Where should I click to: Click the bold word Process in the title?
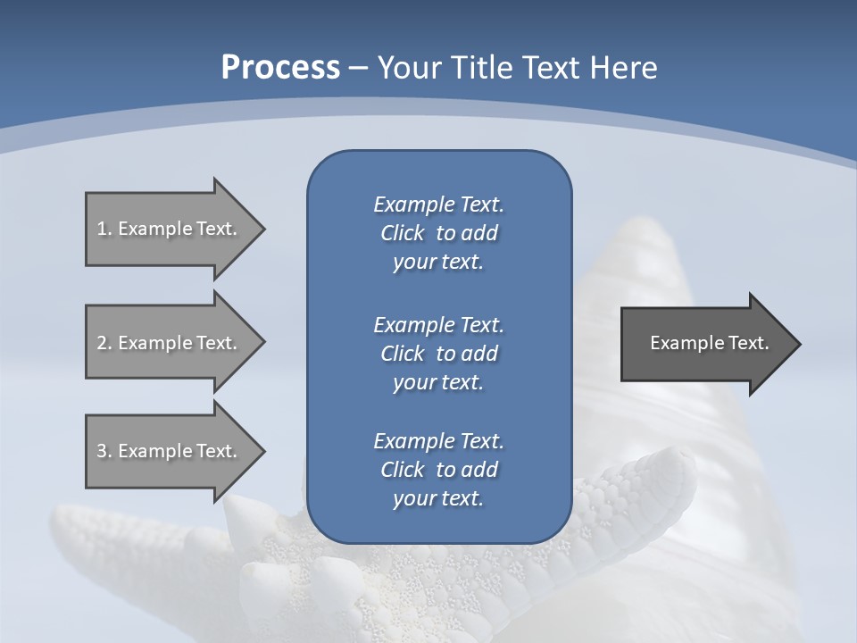point(280,68)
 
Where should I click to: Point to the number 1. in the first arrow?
point(104,229)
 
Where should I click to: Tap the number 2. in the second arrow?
point(104,343)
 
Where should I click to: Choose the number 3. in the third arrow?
point(104,451)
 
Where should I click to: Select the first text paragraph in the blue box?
point(438,233)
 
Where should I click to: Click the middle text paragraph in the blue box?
point(438,353)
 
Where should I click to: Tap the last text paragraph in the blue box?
point(438,470)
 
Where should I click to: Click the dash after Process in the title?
point(358,68)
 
